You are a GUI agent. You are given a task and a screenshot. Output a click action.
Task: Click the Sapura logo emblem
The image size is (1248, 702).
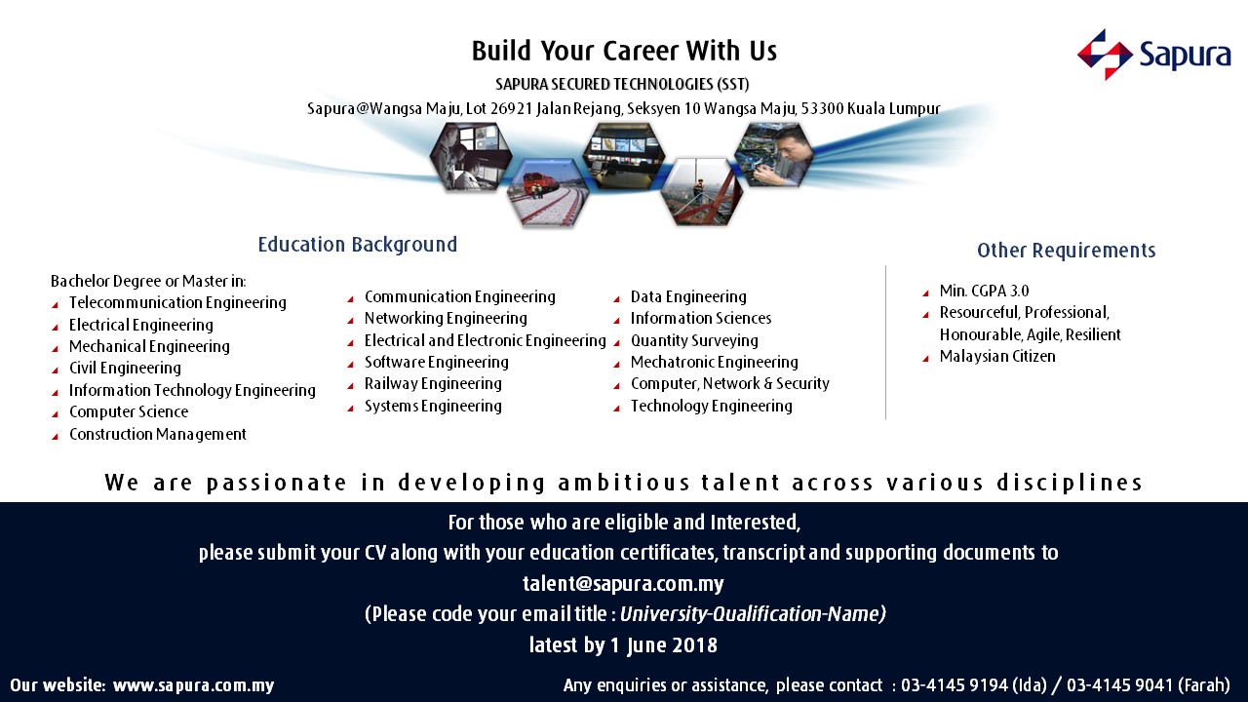tap(1105, 55)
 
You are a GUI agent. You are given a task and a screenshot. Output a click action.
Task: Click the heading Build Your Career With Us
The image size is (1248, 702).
tap(624, 51)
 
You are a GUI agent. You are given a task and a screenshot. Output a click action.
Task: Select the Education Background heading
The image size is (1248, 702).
tap(357, 245)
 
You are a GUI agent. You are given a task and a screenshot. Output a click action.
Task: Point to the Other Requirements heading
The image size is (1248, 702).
tap(1067, 251)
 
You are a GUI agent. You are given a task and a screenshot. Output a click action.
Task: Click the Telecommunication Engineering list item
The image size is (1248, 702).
tap(177, 302)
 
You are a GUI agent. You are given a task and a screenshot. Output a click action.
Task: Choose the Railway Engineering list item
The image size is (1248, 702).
tap(433, 384)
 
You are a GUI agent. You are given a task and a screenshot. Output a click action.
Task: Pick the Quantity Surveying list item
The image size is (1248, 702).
tap(694, 340)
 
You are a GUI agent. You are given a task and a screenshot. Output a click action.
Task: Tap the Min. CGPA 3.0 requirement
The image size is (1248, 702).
tap(984, 291)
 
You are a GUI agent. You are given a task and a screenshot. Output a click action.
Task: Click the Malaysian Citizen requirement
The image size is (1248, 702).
tap(997, 357)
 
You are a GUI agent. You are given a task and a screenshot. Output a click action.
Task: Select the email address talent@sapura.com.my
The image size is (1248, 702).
tap(623, 583)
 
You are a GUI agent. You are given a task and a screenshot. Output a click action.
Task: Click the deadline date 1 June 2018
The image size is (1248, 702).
tap(664, 645)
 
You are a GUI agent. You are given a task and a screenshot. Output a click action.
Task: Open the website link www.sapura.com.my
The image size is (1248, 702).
tap(193, 685)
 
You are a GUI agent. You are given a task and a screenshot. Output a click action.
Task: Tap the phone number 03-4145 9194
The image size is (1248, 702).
tap(955, 684)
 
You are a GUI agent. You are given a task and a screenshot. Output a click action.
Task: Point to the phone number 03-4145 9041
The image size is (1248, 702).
tap(1120, 684)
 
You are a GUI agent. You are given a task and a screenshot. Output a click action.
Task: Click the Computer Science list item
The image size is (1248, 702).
tap(129, 411)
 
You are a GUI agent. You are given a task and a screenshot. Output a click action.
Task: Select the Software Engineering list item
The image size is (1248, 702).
tap(436, 362)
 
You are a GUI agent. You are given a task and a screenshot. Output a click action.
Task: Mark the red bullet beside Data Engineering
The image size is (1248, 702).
tap(617, 299)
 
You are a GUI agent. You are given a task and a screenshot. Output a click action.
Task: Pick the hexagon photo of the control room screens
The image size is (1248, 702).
tap(623, 157)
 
